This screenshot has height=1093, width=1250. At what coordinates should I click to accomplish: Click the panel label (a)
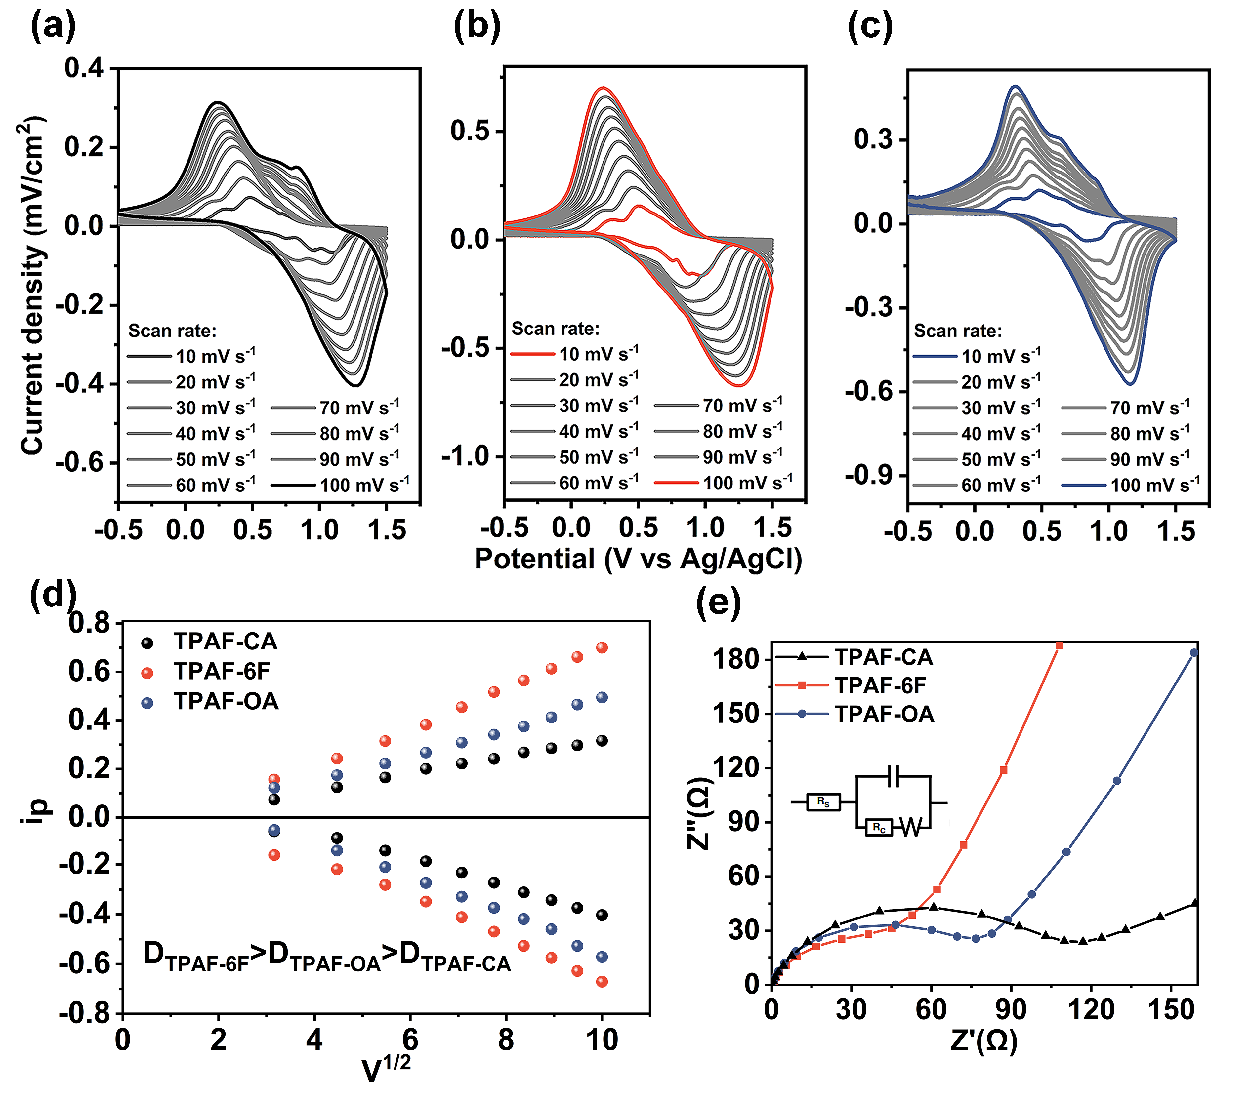coord(53,27)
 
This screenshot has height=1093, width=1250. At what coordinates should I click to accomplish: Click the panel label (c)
coord(870,27)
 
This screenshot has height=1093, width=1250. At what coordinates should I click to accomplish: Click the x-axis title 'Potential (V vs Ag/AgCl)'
coord(638,559)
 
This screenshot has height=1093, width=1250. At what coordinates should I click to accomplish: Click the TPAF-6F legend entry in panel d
coord(208,672)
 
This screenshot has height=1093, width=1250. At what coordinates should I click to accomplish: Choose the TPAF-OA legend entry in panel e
coord(854,714)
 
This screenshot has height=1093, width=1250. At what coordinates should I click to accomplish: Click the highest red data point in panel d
coord(602,648)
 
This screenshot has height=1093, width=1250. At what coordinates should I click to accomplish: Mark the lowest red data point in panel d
coord(602,981)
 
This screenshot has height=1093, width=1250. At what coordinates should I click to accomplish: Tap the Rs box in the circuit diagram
coord(823,802)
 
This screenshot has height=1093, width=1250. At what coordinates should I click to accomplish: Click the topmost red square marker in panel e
coord(1060,645)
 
